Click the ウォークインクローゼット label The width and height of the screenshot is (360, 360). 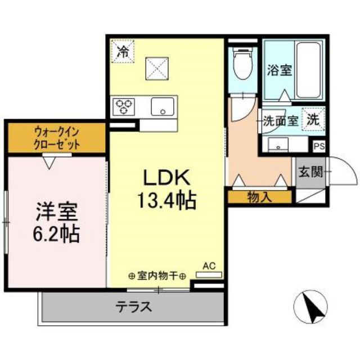pyautogui.click(x=56, y=138)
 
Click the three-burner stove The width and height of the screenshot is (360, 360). pyautogui.click(x=124, y=105)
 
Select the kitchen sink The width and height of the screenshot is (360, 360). pyautogui.click(x=162, y=106)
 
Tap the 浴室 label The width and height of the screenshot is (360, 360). pyautogui.click(x=279, y=70)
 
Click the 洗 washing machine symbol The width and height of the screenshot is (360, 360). pyautogui.click(x=313, y=119)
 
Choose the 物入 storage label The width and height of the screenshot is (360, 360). pyautogui.click(x=259, y=197)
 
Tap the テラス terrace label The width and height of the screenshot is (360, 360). pyautogui.click(x=134, y=307)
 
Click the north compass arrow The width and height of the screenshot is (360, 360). pyautogui.click(x=312, y=306)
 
